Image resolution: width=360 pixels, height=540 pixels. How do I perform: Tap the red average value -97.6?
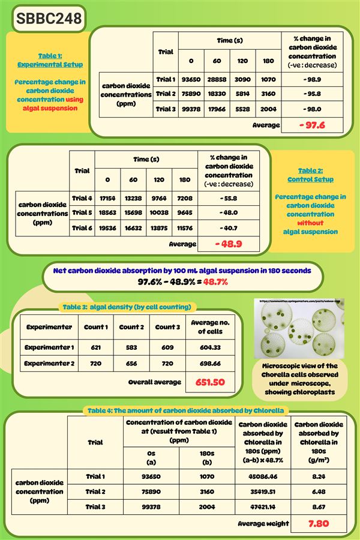(311, 125)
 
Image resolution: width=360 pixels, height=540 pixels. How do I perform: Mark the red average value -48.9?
(229, 244)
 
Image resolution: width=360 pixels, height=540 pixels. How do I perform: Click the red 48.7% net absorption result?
(215, 281)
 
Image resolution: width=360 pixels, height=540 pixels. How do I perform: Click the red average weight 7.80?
(318, 523)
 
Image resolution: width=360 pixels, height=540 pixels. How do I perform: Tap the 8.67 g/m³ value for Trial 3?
(318, 507)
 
